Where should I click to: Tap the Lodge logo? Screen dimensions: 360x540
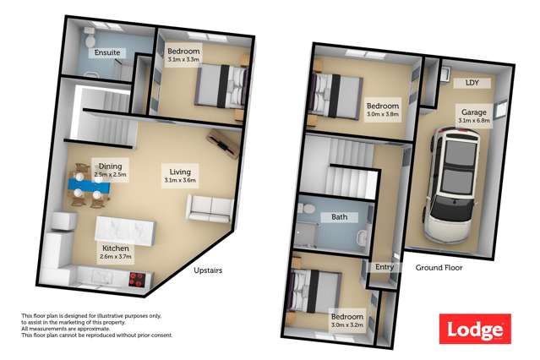tap(475, 329)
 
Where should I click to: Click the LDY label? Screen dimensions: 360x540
tap(471, 84)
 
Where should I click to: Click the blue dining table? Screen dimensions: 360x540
tap(87, 183)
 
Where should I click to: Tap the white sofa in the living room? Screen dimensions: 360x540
tap(209, 206)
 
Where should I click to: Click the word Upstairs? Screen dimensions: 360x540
tap(208, 270)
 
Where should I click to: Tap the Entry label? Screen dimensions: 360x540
tap(385, 267)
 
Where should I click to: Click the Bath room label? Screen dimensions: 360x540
tap(340, 217)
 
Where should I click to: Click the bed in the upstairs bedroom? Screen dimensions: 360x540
tap(221, 85)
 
